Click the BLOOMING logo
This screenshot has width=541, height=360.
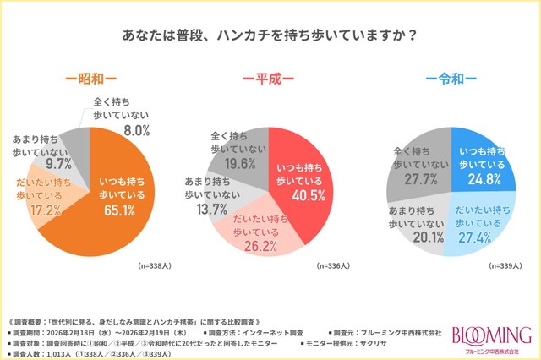493,335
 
